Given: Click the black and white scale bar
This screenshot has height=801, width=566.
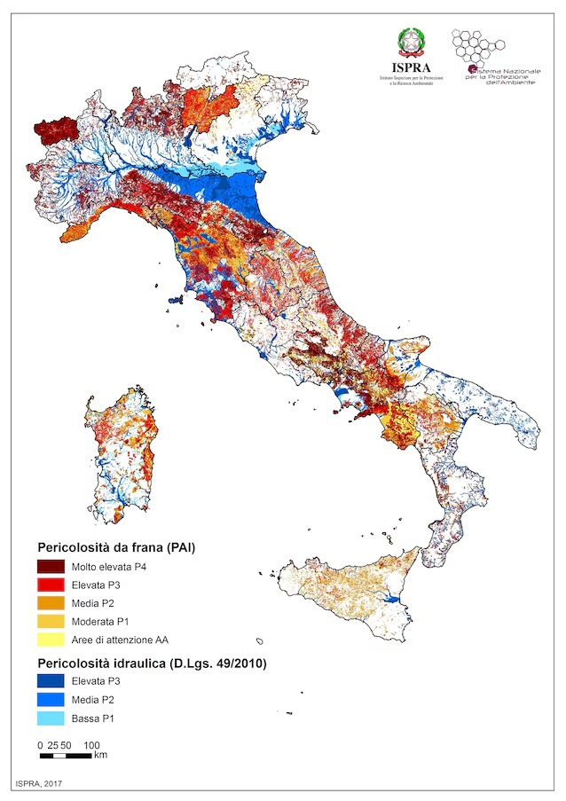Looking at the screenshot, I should [x=67, y=756].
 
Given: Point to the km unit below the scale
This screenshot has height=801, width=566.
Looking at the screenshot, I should [x=100, y=756].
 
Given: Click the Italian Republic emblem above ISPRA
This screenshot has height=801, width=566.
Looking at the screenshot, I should [x=411, y=42].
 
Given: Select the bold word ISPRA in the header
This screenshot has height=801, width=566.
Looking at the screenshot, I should [x=411, y=67].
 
